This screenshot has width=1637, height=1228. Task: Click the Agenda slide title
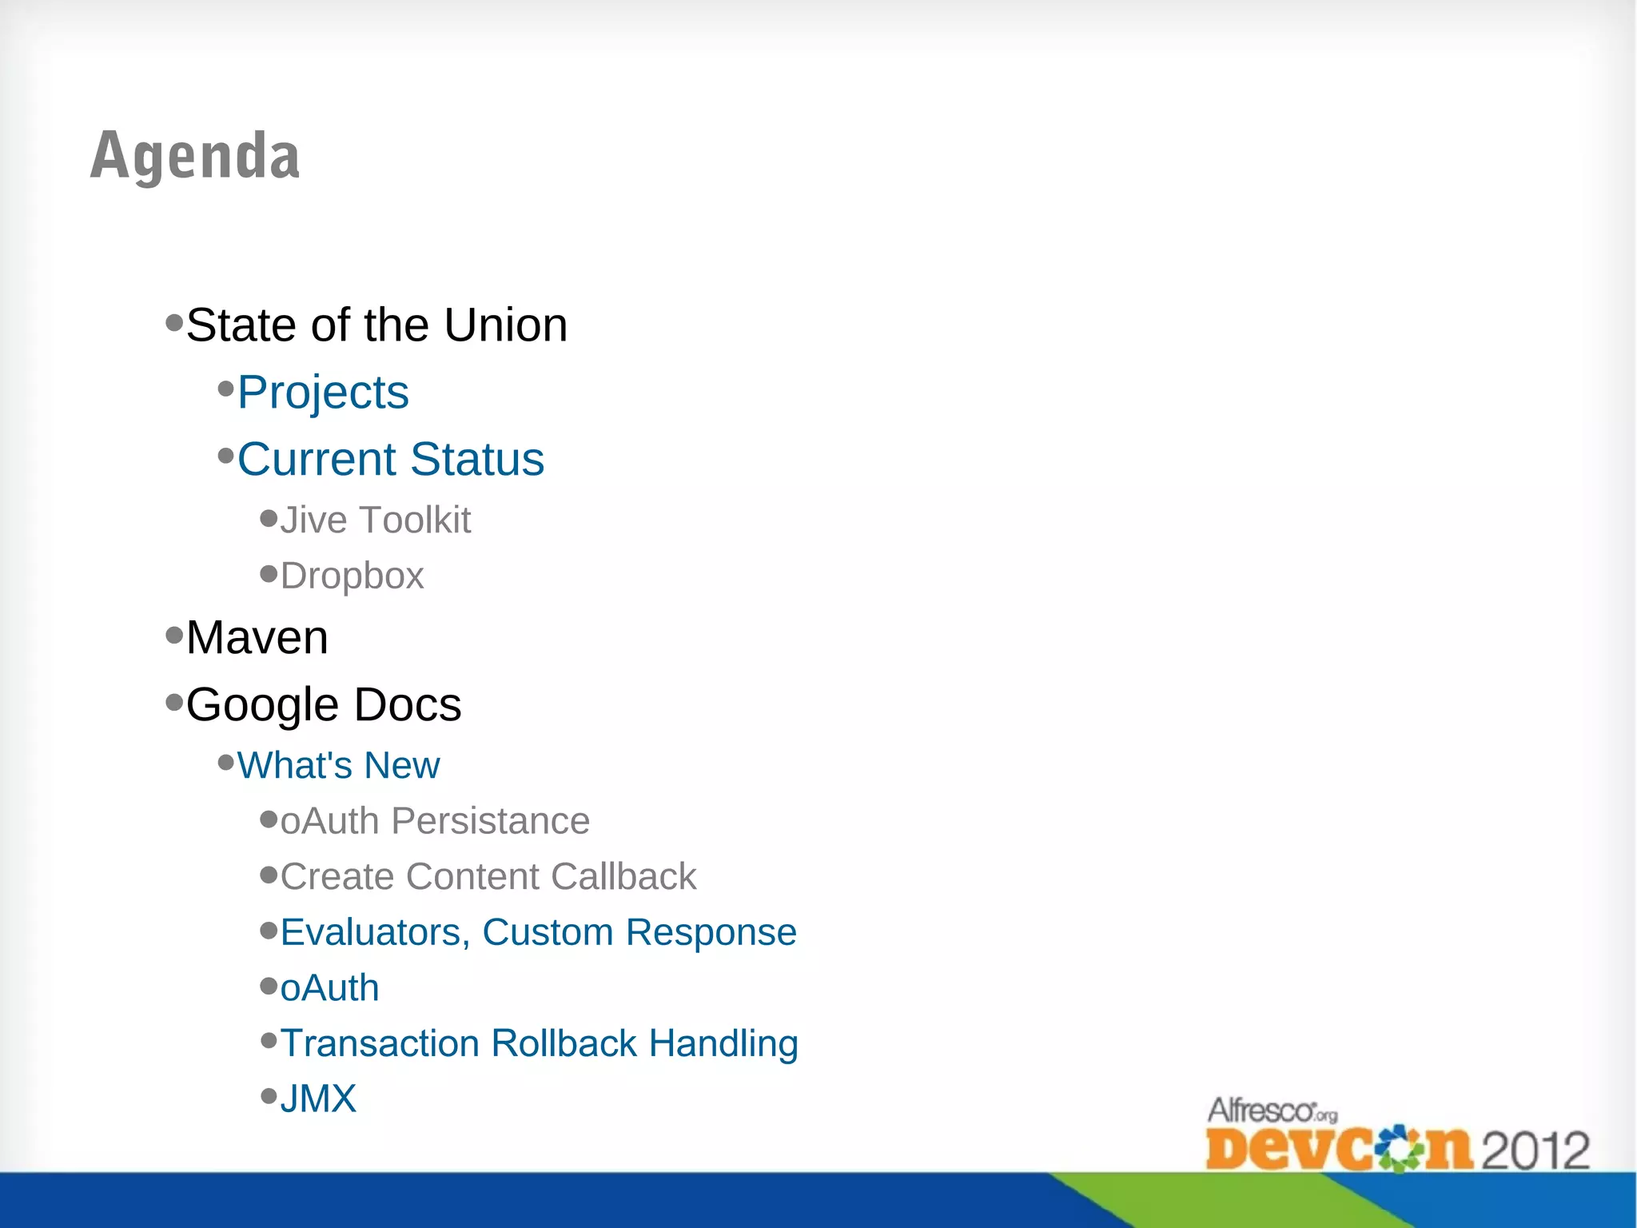(x=195, y=156)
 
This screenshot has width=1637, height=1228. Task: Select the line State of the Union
(x=376, y=325)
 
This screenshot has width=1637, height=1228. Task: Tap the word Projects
(x=323, y=393)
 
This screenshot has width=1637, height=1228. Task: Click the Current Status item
(x=391, y=460)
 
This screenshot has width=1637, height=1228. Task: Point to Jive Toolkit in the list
(x=375, y=520)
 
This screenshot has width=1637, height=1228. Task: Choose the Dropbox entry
(x=352, y=576)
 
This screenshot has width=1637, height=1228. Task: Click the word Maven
(x=257, y=638)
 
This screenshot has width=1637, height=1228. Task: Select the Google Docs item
(x=324, y=705)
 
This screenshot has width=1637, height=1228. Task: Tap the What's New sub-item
(x=338, y=766)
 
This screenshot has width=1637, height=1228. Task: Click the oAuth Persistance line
(x=435, y=822)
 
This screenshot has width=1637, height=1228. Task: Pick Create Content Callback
(x=488, y=877)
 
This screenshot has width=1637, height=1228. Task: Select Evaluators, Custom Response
(x=538, y=933)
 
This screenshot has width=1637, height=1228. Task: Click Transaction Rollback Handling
(x=539, y=1044)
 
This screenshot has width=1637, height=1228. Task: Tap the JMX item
(x=318, y=1099)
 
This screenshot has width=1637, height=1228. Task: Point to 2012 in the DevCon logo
(x=1535, y=1150)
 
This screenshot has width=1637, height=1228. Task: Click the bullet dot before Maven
(x=174, y=636)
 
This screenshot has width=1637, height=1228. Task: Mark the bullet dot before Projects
(x=226, y=390)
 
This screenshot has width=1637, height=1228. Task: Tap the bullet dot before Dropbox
(x=269, y=574)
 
